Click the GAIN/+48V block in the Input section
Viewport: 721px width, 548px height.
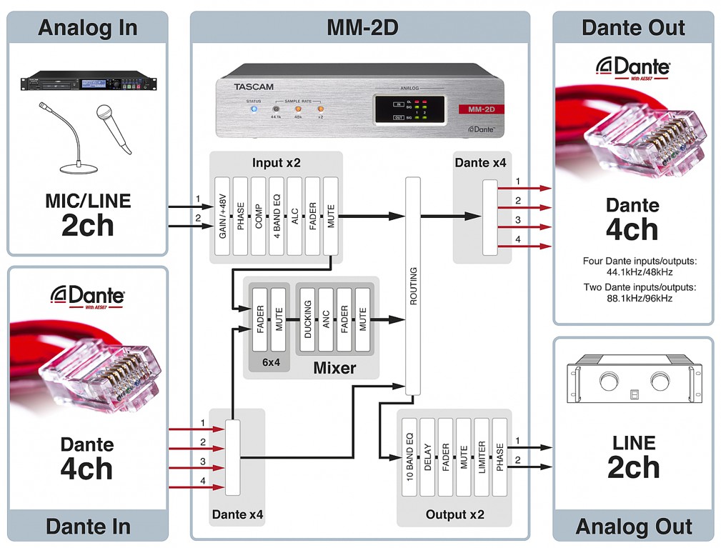(x=222, y=216)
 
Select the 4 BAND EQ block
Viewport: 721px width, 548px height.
(x=277, y=216)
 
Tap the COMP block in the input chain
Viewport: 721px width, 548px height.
(x=258, y=216)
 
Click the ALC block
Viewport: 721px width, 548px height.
(x=294, y=216)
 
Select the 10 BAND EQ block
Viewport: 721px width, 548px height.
(x=409, y=457)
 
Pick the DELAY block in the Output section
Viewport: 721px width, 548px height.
(x=427, y=457)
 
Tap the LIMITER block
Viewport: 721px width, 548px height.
(x=482, y=457)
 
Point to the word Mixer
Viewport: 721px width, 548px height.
(x=334, y=369)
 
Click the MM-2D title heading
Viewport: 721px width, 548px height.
(x=362, y=28)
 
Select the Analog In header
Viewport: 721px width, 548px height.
(x=86, y=28)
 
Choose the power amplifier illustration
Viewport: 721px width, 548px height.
(x=633, y=390)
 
